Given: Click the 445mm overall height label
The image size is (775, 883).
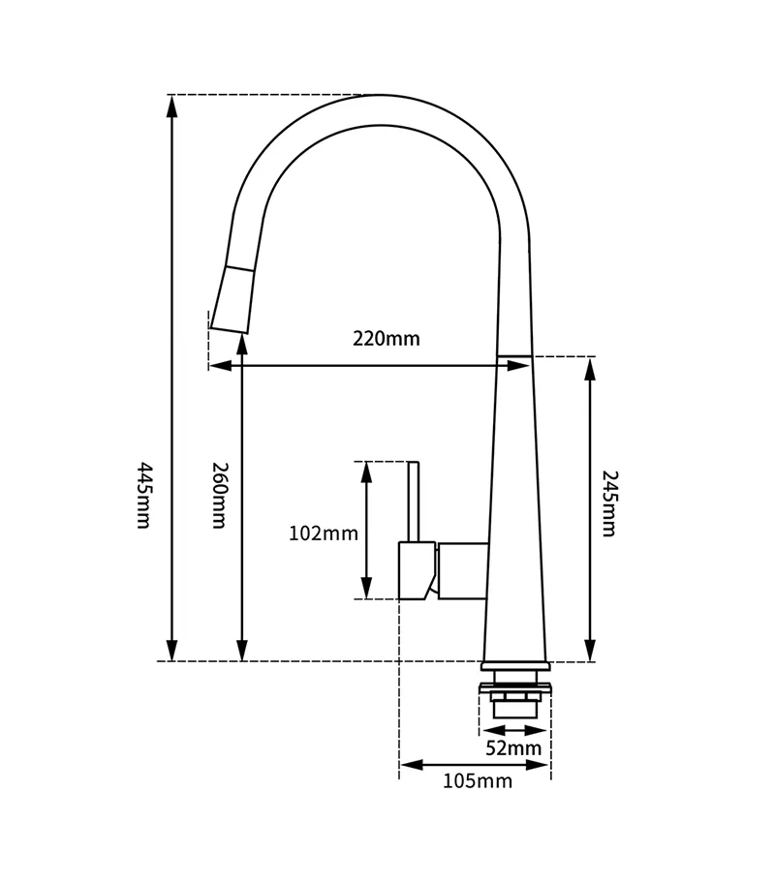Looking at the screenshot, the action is [x=144, y=495].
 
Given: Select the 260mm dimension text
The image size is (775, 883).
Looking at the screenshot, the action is [x=218, y=495].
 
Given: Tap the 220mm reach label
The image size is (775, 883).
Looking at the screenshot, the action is [x=387, y=339].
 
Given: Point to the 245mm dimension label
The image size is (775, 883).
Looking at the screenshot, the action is [x=609, y=503].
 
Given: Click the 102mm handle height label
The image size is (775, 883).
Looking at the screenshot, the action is [x=324, y=533].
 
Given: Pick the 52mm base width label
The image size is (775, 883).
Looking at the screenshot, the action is [x=513, y=747].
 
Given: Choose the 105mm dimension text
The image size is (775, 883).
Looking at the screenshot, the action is [x=478, y=781].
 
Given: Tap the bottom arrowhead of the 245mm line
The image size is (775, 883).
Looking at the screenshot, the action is [x=590, y=650].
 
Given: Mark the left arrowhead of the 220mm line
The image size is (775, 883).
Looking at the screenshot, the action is [x=220, y=365].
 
